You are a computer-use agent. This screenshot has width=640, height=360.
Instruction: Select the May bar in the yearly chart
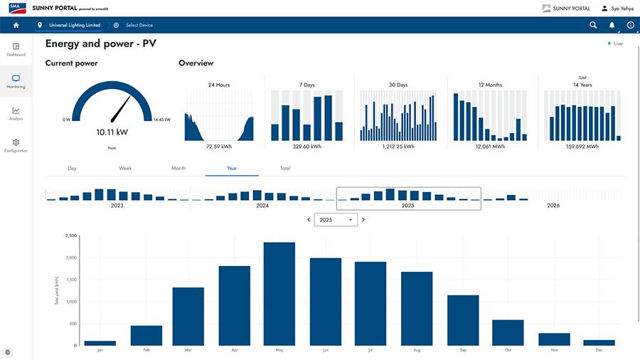coord(279,294)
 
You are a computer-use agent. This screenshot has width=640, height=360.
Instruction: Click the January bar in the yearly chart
coord(100,343)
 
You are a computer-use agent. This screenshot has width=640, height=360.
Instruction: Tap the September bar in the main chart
coord(463,320)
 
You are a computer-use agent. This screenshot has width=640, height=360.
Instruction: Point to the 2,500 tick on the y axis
coord(70,235)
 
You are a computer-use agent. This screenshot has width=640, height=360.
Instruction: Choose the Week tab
coord(125,169)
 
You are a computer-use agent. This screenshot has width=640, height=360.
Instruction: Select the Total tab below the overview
coord(285,169)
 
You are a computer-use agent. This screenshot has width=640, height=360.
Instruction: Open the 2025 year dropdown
coord(336,220)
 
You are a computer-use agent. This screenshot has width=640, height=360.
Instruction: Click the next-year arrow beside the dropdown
coord(363,220)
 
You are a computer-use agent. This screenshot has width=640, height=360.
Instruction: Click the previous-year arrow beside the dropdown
coord(309,220)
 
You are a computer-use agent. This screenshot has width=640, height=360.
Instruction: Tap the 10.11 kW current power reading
coord(112,132)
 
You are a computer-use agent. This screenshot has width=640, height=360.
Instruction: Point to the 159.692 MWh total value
coord(582,147)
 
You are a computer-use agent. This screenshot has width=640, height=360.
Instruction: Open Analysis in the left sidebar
coord(16,113)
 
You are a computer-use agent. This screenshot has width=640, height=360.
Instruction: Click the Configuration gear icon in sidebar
coord(16,142)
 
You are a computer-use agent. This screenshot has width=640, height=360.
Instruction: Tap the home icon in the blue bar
coord(16,25)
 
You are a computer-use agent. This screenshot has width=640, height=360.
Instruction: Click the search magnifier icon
coord(593,25)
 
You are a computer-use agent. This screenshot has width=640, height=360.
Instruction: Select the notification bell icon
coord(612,25)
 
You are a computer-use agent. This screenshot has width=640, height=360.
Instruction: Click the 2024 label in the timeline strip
coord(262,206)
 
